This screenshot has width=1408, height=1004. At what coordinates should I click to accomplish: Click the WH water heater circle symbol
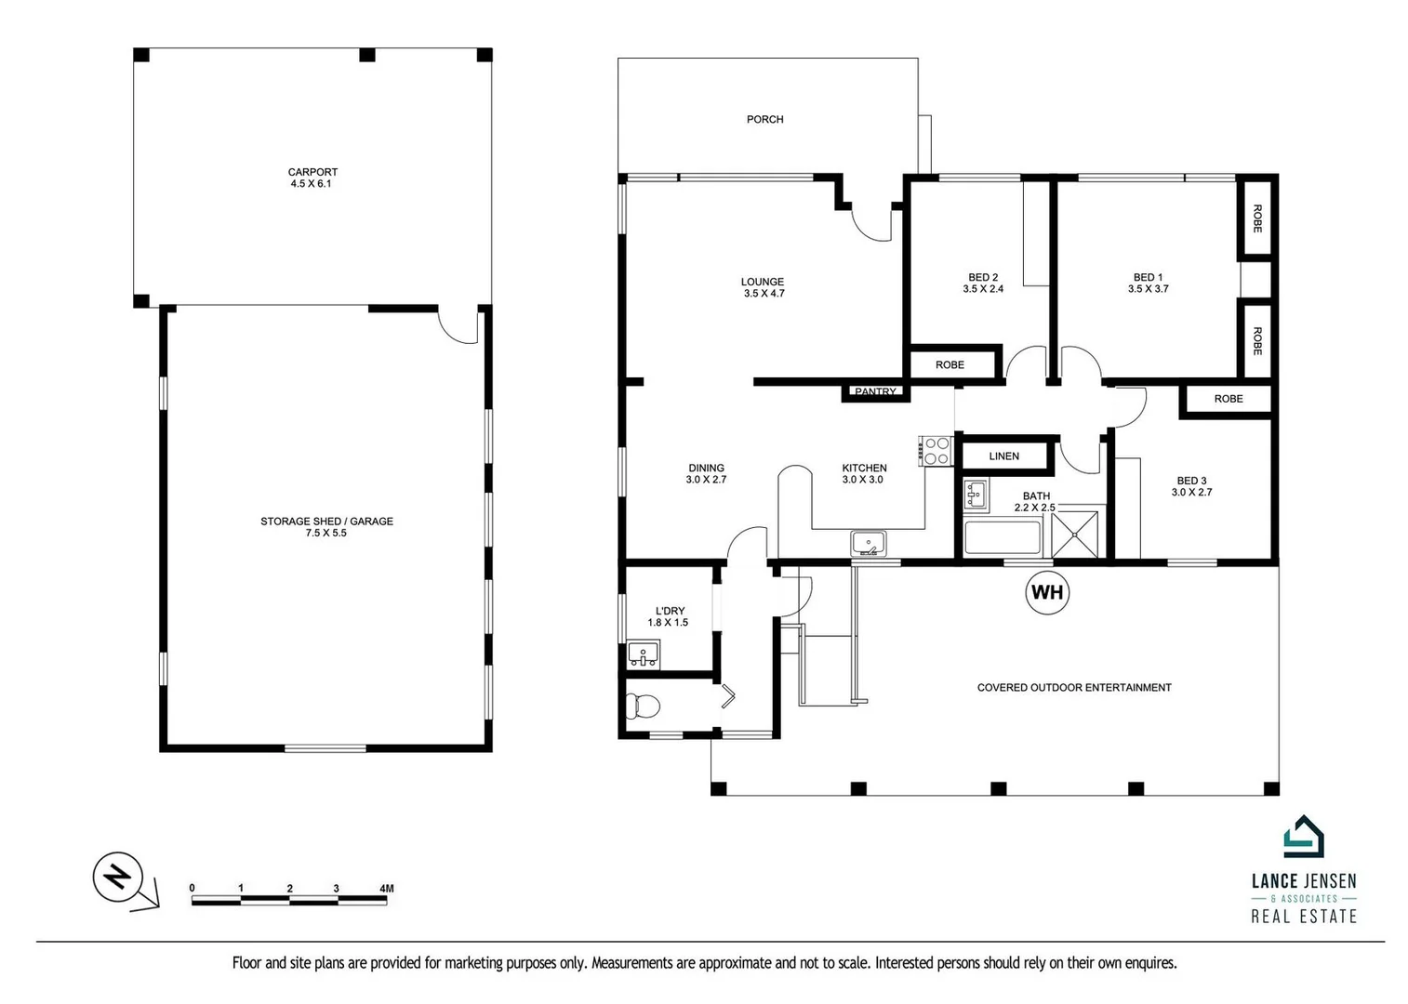point(1047,592)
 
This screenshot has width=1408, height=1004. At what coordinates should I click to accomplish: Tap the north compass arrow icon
point(118,877)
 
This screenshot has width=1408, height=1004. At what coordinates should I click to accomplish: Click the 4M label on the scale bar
point(386,888)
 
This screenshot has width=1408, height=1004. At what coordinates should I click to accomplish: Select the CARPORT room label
point(312,172)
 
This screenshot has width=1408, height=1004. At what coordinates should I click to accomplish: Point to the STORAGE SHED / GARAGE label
point(326,522)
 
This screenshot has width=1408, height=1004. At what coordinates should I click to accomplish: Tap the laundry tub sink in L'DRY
point(643,654)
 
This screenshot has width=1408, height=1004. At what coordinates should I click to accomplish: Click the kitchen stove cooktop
point(936,451)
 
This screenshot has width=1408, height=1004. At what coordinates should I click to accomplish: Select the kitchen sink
point(868,543)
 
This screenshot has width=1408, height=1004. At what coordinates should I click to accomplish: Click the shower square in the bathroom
point(1075,535)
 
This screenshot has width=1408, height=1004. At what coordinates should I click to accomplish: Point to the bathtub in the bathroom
point(1003,538)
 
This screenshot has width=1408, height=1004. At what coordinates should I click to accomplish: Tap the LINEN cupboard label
point(1003,456)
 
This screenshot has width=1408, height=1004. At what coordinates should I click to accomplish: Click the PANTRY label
point(875,392)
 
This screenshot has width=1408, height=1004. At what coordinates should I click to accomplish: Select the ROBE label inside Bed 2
point(950,365)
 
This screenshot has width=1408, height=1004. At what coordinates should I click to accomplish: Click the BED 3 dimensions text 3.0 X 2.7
point(1191,493)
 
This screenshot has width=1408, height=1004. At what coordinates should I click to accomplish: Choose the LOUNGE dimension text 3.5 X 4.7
point(763,294)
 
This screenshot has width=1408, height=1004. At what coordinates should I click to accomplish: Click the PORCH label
point(764,119)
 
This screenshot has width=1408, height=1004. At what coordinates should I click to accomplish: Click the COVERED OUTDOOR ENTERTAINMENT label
point(1074,688)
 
